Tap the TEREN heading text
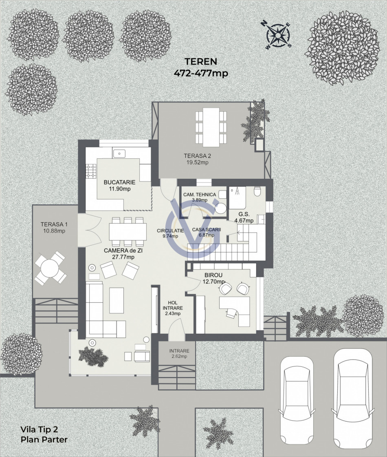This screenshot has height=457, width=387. pyautogui.click(x=201, y=62)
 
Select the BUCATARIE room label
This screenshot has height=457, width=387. pyautogui.click(x=119, y=182)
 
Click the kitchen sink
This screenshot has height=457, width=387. pyautogui.click(x=119, y=153)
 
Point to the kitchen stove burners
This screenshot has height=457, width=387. pyautogui.click(x=91, y=171)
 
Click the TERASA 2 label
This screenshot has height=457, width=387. pyautogui.click(x=197, y=156)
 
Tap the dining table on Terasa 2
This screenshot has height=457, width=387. pyautogui.click(x=211, y=128)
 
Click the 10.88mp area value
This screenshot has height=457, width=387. pyautogui.click(x=54, y=231)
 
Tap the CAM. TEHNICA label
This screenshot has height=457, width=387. pyautogui.click(x=200, y=195)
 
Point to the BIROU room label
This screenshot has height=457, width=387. pyautogui.click(x=213, y=275)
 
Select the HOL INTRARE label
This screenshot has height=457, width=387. pyautogui.click(x=173, y=306)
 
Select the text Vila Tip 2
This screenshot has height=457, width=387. pyautogui.click(x=39, y=429)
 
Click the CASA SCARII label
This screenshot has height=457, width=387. pyautogui.click(x=206, y=230)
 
